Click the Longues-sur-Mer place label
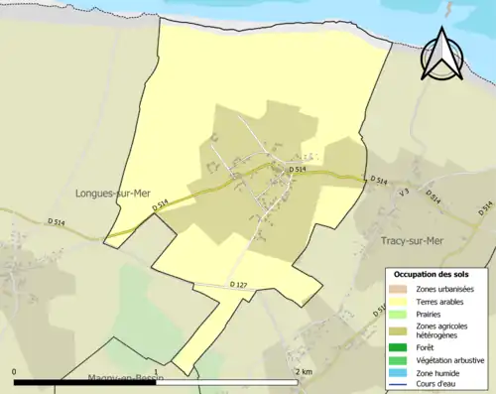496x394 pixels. (x=112, y=195)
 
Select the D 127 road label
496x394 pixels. (x=238, y=286)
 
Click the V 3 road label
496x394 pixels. (x=403, y=193)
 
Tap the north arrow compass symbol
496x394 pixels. (x=442, y=55)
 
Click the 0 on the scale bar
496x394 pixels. (x=15, y=371)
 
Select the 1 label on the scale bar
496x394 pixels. (x=157, y=371)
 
